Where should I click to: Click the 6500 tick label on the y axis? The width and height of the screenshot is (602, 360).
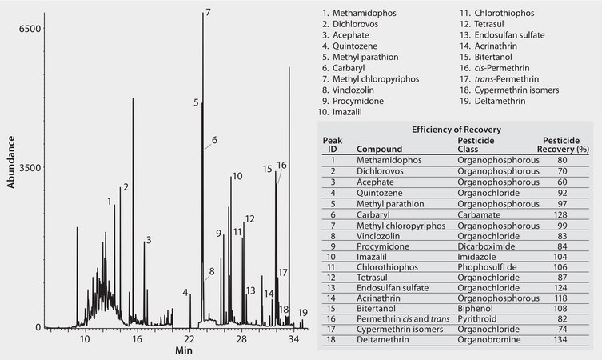click(x=30, y=29)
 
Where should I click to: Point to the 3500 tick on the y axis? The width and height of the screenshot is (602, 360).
click(x=30, y=168)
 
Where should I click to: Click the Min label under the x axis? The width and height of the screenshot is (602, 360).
click(x=184, y=350)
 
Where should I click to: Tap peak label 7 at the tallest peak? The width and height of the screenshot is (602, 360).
click(x=208, y=13)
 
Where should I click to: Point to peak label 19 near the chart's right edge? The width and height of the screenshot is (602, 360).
click(x=302, y=313)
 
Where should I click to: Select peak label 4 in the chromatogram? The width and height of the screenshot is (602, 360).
click(x=185, y=293)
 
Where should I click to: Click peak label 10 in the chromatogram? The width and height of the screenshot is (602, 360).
click(x=237, y=176)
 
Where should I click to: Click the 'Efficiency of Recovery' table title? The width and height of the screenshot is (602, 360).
click(x=451, y=129)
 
